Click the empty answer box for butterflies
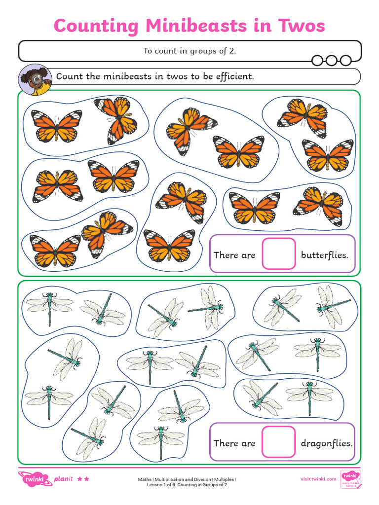[x=279, y=254]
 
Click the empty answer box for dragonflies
[x=279, y=442]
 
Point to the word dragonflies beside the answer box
[x=326, y=443]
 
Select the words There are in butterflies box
[x=234, y=255]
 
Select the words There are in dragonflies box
[x=234, y=443]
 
